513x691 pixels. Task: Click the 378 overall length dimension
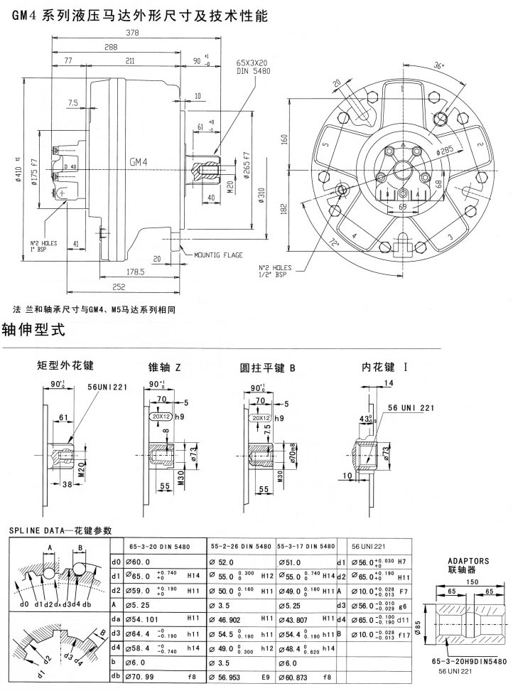pyautogui.click(x=133, y=33)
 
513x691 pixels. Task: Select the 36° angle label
pyautogui.click(x=438, y=65)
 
